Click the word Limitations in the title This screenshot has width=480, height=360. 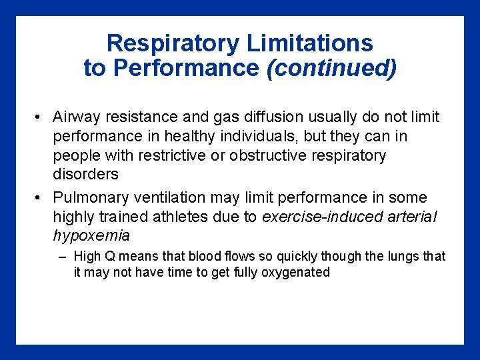click(310, 44)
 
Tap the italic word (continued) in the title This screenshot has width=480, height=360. click(331, 68)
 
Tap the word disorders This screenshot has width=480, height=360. click(86, 175)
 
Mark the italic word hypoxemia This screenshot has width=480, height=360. click(91, 236)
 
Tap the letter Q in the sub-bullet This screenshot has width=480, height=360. click(106, 257)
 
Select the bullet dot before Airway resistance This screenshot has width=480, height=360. click(39, 118)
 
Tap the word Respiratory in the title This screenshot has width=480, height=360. click(173, 44)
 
